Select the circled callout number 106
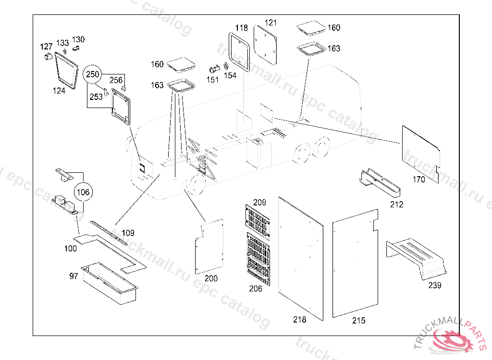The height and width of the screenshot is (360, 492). tap(83, 192)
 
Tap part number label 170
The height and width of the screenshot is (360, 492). tap(419, 180)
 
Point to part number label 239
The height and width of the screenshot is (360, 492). tap(435, 286)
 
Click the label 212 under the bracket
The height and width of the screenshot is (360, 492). tap(397, 204)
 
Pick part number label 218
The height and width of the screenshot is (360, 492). tap(299, 319)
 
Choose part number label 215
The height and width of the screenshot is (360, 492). tap(358, 321)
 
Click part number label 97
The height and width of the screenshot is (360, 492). tap(74, 276)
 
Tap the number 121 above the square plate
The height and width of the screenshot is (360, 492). tap(271, 23)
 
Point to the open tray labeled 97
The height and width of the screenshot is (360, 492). tap(110, 283)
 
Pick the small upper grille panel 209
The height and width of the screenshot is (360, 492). tap(258, 219)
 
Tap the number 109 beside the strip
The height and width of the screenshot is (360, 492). tap(128, 233)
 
